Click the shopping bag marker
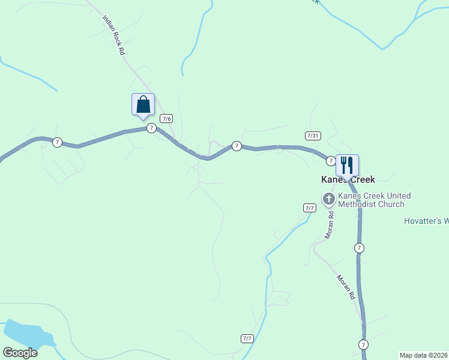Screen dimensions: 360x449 coord(143,104)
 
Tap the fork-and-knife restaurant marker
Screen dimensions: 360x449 coord(347,165)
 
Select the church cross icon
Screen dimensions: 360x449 coord(328,199)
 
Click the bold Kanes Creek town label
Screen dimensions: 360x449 coord(348,179)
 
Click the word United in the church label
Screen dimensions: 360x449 coord(399,196)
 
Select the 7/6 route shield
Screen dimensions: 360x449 coord(166,119)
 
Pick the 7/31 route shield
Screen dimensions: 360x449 coord(312,136)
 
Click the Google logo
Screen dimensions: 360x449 coord(20,352)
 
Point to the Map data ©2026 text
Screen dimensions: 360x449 coord(424,355)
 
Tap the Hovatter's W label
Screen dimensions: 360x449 coord(426,221)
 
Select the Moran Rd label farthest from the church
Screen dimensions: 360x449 coord(346,288)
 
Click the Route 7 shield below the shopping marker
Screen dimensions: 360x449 coord(151,128)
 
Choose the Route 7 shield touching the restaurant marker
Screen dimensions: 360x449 coord(331,161)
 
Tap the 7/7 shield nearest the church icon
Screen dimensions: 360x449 coord(310,208)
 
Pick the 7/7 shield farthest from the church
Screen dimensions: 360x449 coord(247,338)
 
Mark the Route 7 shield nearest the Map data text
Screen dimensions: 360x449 coord(363,344)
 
